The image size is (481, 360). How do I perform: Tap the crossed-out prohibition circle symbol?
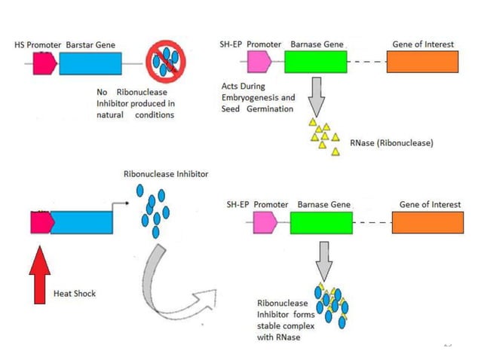click(x=166, y=63)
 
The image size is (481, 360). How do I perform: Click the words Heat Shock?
click(x=75, y=293)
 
